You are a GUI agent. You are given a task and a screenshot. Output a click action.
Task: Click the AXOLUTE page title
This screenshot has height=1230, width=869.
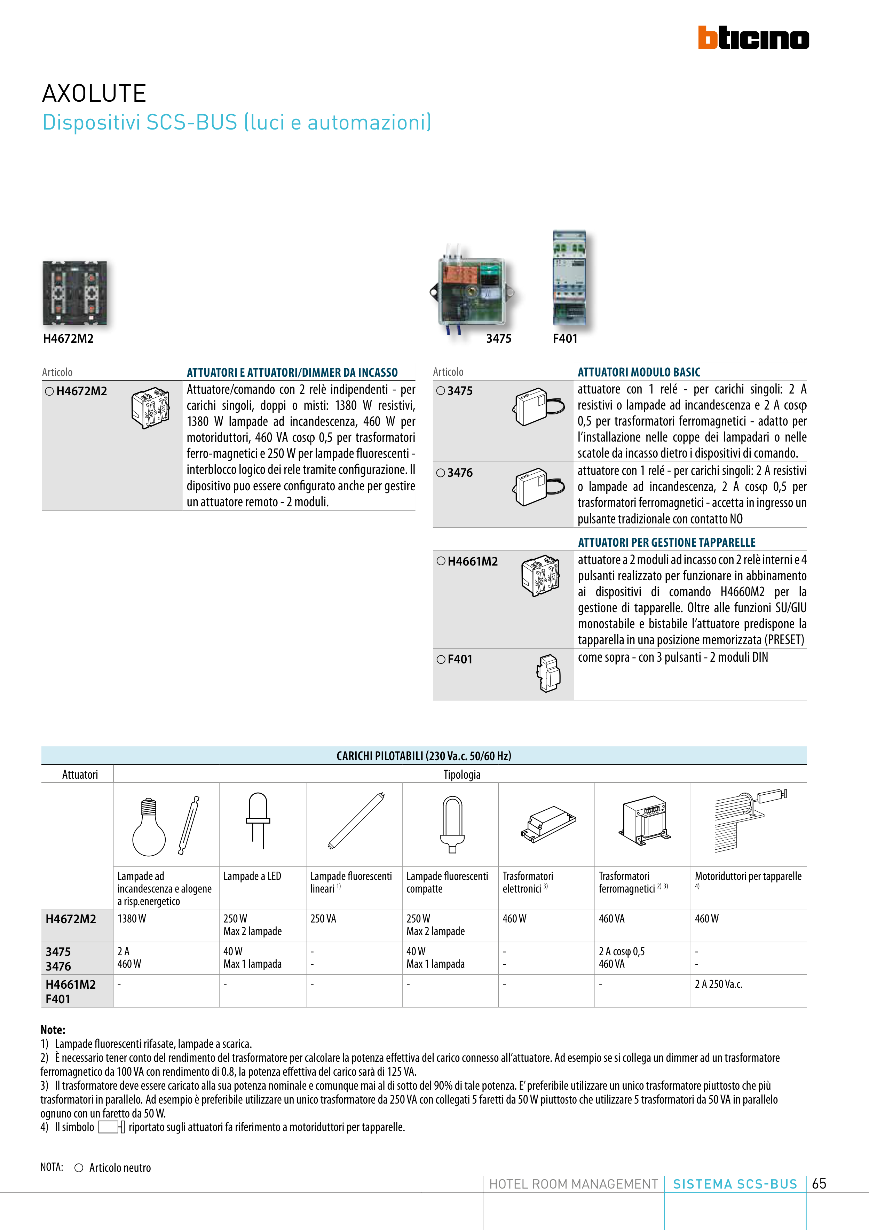pyautogui.click(x=94, y=93)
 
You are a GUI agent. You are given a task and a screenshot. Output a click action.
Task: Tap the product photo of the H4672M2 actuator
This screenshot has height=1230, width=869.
pyautogui.click(x=75, y=293)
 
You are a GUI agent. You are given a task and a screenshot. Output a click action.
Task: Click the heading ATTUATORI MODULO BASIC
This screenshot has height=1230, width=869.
pyautogui.click(x=639, y=372)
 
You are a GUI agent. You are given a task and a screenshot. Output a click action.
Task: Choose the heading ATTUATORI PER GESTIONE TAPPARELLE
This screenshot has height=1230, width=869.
pyautogui.click(x=666, y=542)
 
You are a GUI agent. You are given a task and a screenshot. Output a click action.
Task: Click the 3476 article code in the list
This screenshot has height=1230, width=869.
pyautogui.click(x=460, y=473)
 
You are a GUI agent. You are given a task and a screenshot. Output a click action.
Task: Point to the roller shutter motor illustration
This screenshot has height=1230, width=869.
pyautogui.click(x=750, y=822)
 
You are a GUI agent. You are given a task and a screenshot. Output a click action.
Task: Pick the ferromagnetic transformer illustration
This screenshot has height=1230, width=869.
pyautogui.click(x=645, y=820)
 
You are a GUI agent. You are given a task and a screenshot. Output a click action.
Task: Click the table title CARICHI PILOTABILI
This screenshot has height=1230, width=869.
pyautogui.click(x=424, y=756)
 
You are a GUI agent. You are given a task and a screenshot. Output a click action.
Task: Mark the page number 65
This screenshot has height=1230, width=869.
pyautogui.click(x=819, y=1183)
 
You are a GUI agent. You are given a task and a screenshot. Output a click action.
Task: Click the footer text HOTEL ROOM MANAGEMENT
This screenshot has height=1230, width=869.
pyautogui.click(x=574, y=1184)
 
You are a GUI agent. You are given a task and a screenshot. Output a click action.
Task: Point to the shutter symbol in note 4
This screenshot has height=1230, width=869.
pyautogui.click(x=111, y=1127)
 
